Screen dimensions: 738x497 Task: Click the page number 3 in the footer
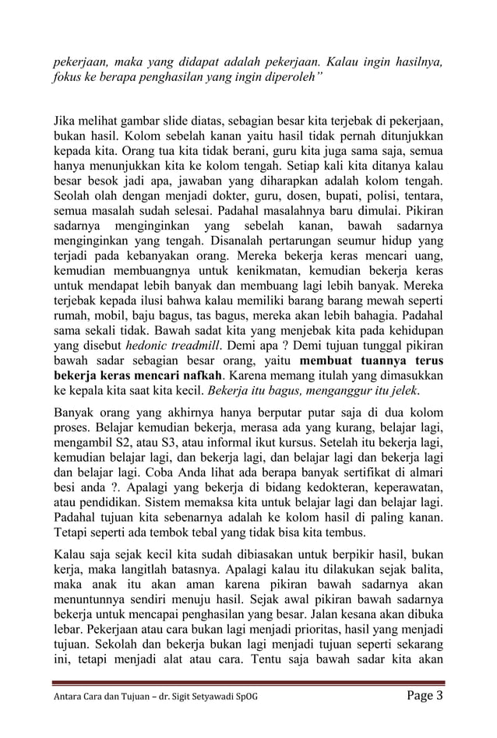[439, 694]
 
